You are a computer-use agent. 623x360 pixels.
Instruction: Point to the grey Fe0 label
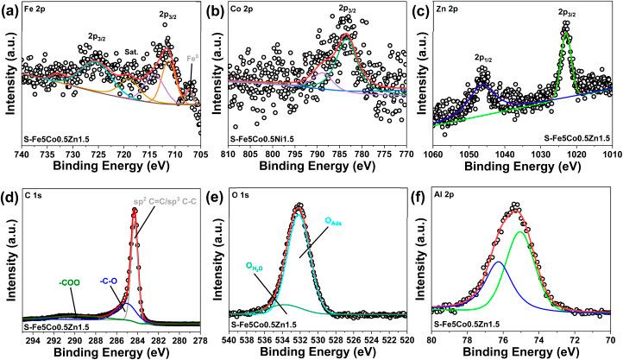click(193, 60)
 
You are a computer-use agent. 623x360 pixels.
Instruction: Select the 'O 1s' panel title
click(244, 199)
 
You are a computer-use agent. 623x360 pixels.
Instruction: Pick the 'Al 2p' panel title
click(451, 199)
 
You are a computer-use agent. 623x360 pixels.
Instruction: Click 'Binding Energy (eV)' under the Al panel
click(522, 353)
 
